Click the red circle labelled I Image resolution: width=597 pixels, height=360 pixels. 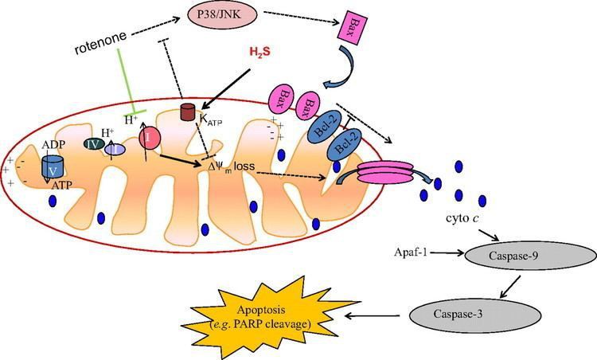pos(151,137)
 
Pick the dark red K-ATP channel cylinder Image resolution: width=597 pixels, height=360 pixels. pos(188,114)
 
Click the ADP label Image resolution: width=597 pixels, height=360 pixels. pos(54,143)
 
